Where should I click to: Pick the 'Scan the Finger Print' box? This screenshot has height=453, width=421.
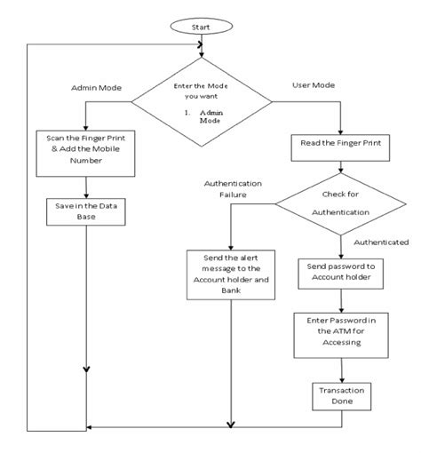pos(85,149)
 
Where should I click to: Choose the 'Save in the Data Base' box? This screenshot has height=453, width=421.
pos(85,211)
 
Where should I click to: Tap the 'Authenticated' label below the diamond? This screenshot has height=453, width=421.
pos(380,242)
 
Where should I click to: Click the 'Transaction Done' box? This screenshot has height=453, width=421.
pos(340,395)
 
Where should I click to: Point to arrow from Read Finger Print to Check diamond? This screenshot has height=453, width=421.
pos(340,171)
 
